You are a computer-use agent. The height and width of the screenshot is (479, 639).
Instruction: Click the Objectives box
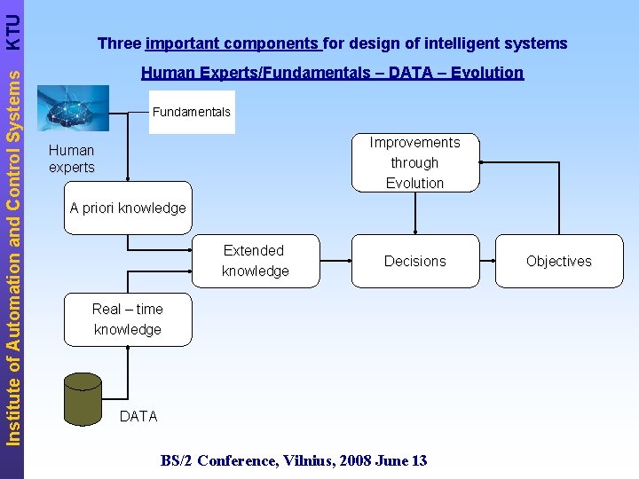pos(558,261)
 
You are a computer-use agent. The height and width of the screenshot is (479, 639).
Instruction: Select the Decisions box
pos(414,261)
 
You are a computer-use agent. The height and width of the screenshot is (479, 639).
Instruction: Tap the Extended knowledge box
pos(254,261)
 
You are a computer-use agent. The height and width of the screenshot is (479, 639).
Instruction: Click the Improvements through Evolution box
pos(414,162)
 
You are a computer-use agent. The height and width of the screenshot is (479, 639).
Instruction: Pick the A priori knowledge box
pos(128,208)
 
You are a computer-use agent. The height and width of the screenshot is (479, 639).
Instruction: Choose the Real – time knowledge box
pos(128,319)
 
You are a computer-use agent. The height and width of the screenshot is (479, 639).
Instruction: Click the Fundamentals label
pos(191,112)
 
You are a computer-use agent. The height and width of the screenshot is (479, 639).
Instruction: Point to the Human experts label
pos(72,159)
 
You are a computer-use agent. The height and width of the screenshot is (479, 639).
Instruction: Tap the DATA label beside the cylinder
pos(138,416)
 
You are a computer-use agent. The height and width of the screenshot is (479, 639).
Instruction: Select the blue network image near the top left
pos(74,108)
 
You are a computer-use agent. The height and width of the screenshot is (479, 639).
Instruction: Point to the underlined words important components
pos(233,43)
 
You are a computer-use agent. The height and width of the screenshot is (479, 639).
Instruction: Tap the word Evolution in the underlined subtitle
pos(485,73)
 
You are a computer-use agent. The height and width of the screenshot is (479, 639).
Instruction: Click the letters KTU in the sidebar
pos(12,28)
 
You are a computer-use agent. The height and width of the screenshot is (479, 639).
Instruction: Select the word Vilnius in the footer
pos(307,459)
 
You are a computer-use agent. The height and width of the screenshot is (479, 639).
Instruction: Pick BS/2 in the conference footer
pos(177,459)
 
